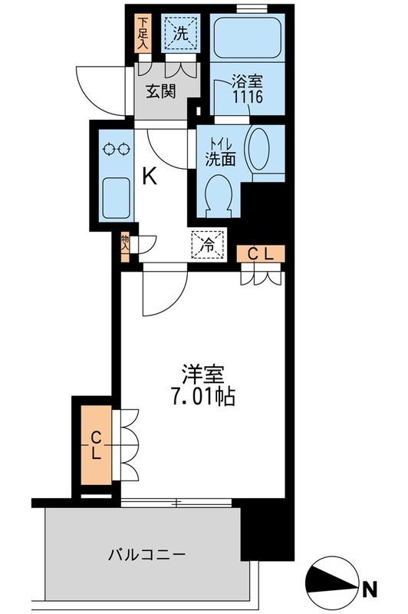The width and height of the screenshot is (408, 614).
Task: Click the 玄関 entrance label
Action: (x=162, y=92)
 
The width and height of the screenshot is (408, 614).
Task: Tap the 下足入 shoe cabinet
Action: (x=142, y=33)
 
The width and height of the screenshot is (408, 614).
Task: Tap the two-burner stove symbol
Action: (x=117, y=149)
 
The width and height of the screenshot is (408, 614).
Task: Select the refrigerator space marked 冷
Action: (x=206, y=246)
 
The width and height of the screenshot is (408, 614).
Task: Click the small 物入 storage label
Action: (x=124, y=245)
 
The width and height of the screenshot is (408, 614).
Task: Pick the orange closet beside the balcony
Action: (x=96, y=445)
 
